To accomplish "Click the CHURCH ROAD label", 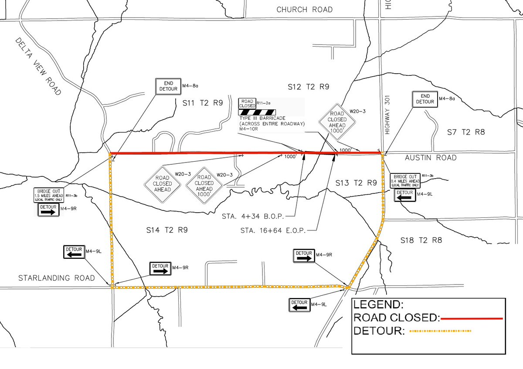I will [304, 10].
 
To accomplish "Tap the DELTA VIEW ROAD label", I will [38, 66].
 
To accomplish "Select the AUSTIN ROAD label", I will [431, 158].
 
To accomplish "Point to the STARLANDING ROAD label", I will [56, 278].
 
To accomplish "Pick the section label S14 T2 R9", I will [167, 230].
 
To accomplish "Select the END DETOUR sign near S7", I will [425, 99].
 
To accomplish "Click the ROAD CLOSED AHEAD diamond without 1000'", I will [162, 183].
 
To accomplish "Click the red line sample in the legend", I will [472, 318].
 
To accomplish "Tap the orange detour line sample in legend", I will [440, 331].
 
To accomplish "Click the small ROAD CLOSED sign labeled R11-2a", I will [247, 103].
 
